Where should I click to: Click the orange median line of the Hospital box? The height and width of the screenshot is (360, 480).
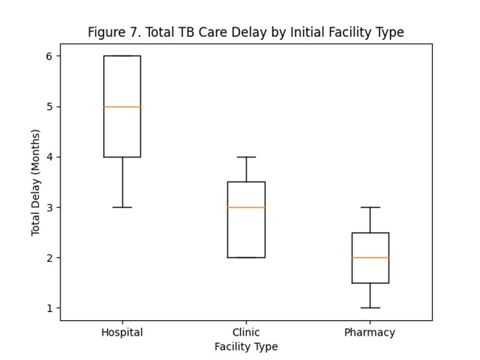(x=122, y=106)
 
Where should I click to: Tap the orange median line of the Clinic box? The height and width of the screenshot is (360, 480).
(x=246, y=207)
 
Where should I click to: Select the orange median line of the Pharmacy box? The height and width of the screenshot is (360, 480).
(x=370, y=257)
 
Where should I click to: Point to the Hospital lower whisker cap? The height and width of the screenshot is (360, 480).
(x=122, y=207)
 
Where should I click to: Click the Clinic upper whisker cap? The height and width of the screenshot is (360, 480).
(x=246, y=157)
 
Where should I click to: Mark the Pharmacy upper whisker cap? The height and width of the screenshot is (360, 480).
(x=370, y=207)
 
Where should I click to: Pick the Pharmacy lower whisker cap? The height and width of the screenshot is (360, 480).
(x=370, y=308)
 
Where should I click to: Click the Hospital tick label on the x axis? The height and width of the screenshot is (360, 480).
(x=122, y=333)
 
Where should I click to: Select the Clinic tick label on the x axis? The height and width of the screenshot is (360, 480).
(x=246, y=333)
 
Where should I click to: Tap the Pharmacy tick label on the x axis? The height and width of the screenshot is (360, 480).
(x=370, y=333)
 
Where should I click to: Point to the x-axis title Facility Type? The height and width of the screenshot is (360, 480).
(x=246, y=346)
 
